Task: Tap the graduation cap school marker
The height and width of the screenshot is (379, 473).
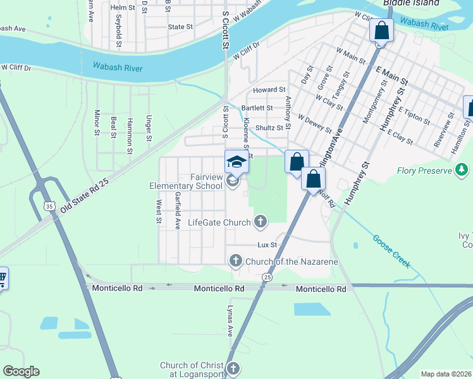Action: click(x=236, y=162)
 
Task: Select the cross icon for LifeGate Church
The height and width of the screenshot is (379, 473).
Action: click(x=260, y=221)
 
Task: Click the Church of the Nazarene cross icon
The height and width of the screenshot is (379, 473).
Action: click(x=235, y=260)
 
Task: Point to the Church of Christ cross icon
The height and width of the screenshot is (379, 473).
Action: click(x=233, y=368)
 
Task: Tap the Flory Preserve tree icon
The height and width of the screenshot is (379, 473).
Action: click(x=462, y=170)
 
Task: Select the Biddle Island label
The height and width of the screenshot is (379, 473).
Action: click(x=410, y=3)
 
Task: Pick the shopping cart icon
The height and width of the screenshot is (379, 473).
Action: click(x=2, y=278)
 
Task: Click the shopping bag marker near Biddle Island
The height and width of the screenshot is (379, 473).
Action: click(x=381, y=30)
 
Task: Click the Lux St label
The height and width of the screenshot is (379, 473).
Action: click(x=267, y=244)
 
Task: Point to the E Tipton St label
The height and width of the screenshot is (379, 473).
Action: click(x=414, y=116)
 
